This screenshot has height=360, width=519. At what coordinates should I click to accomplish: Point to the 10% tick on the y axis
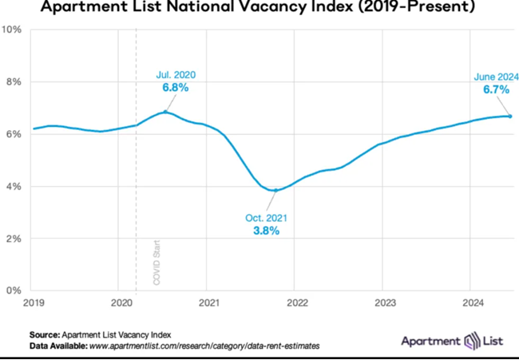point(13,30)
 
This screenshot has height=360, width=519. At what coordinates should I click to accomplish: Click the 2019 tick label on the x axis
point(33,303)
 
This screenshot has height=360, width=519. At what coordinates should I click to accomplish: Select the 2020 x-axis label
point(120,303)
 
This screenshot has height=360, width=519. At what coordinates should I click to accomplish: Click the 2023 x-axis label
point(382,303)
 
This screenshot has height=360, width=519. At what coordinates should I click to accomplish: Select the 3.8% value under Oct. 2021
point(266,231)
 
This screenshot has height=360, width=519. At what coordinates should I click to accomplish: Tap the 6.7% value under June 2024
point(497,90)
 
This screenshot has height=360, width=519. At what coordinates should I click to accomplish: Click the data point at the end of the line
point(510,116)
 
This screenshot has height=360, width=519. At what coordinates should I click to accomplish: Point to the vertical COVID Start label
point(156,263)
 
